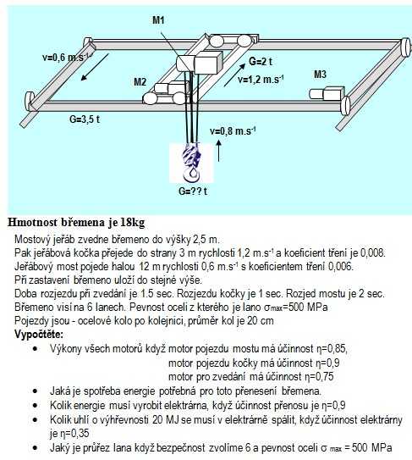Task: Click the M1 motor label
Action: [x=158, y=20]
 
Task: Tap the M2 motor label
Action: [x=140, y=81]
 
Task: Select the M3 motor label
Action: [x=320, y=75]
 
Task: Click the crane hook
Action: [x=192, y=163]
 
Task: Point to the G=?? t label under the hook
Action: [x=193, y=191]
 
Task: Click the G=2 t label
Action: [x=261, y=61]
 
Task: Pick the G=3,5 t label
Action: [x=85, y=119]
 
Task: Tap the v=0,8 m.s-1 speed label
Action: [x=233, y=130]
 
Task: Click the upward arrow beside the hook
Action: [x=218, y=151]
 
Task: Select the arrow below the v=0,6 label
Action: [x=96, y=67]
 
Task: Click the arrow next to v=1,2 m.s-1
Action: [x=234, y=75]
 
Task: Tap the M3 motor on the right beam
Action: [x=327, y=93]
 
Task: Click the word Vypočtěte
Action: [x=39, y=334]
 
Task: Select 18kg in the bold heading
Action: [x=133, y=222]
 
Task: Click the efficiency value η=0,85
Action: [x=332, y=349]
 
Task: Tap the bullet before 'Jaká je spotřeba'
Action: [x=36, y=391]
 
